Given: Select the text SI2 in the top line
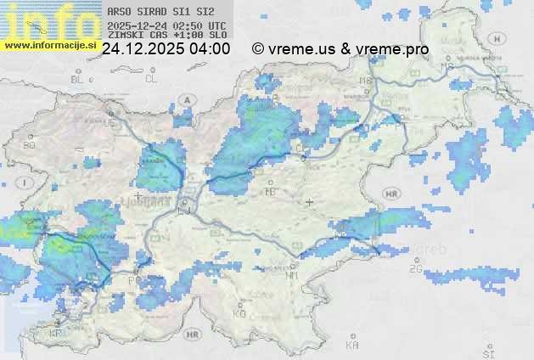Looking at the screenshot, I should click(205, 12).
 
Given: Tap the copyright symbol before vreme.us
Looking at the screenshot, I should click(258, 49).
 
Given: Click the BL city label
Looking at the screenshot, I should click(79, 79).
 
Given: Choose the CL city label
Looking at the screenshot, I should click(152, 79).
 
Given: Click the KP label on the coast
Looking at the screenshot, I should click(56, 334).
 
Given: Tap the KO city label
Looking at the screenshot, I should click(239, 313).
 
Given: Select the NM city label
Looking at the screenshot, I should click(293, 276).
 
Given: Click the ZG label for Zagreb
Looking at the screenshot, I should click(415, 268).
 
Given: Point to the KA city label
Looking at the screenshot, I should click(352, 345).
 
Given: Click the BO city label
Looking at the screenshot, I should click(30, 145).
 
